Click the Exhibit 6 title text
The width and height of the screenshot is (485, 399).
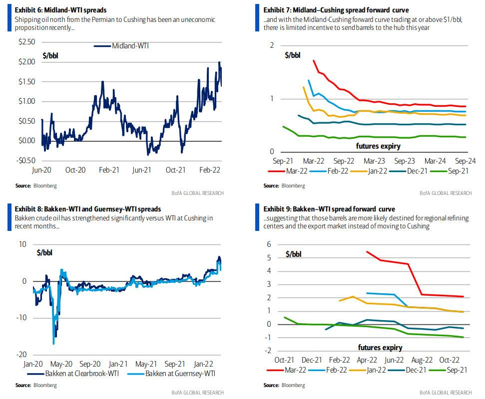(x=61, y=10)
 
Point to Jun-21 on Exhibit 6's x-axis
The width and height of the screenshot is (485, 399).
(x=142, y=170)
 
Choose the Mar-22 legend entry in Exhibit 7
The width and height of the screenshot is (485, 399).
(x=292, y=171)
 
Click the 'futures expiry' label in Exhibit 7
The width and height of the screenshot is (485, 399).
(x=378, y=146)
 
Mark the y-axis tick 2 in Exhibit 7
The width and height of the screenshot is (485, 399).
(x=272, y=46)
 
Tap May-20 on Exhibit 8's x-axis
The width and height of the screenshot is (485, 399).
(x=63, y=365)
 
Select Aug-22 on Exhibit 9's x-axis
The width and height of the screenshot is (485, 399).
(x=422, y=360)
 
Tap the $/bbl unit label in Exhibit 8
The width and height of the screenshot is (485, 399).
(x=44, y=252)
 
